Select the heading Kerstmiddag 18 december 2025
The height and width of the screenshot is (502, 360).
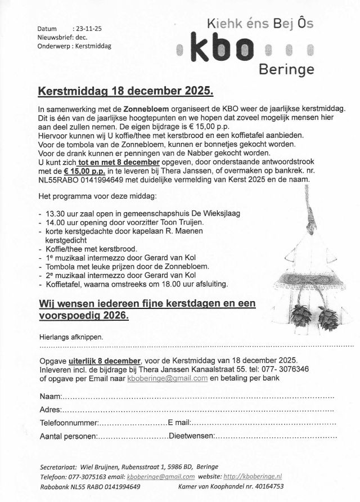coord(125,91)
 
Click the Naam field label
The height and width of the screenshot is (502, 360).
coord(50,398)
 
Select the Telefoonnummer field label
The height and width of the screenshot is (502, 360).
coord(69,423)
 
